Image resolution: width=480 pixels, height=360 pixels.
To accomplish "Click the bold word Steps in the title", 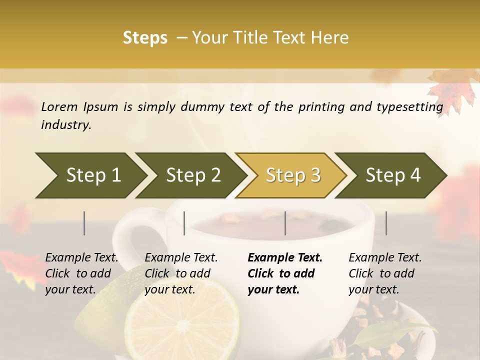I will point(145,38).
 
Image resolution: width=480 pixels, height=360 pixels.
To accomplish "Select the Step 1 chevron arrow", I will point(90,175).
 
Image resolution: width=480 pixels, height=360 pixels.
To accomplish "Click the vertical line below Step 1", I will point(84,223).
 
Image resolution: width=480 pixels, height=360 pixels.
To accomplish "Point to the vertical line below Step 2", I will point(184,223).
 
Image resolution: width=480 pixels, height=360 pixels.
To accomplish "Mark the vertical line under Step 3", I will point(285,223).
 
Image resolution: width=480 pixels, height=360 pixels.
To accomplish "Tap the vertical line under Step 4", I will point(386,223).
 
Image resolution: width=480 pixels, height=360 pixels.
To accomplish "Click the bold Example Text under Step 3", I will point(285,258).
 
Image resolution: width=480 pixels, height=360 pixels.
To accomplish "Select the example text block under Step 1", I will point(81,273).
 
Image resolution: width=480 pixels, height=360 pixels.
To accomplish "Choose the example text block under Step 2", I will point(181,273).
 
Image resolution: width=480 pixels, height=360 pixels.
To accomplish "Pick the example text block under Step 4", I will point(385,273).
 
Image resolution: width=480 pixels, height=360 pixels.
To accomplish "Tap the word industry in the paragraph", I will point(65,125).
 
